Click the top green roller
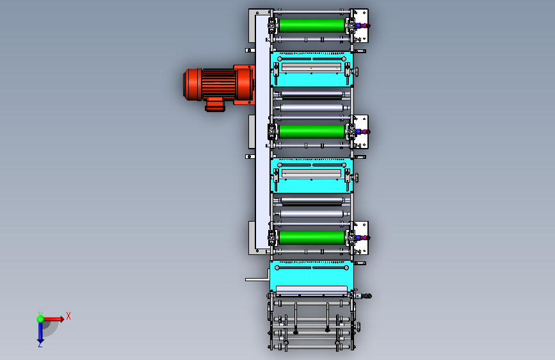312,26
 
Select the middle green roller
312,131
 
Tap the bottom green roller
312,238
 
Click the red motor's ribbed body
218,85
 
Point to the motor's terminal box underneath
215,104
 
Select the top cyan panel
312,69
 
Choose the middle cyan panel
312,176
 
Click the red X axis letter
68,316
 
